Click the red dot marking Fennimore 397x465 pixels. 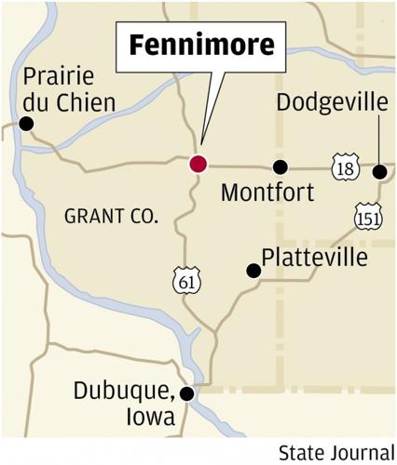tap(198, 165)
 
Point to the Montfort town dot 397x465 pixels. tap(280, 167)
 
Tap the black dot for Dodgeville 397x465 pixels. tap(379, 171)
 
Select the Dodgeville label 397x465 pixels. tap(332, 102)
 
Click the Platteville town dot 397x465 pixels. tap(253, 271)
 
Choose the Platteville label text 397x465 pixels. tap(315, 258)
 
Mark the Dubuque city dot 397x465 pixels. tap(186, 393)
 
